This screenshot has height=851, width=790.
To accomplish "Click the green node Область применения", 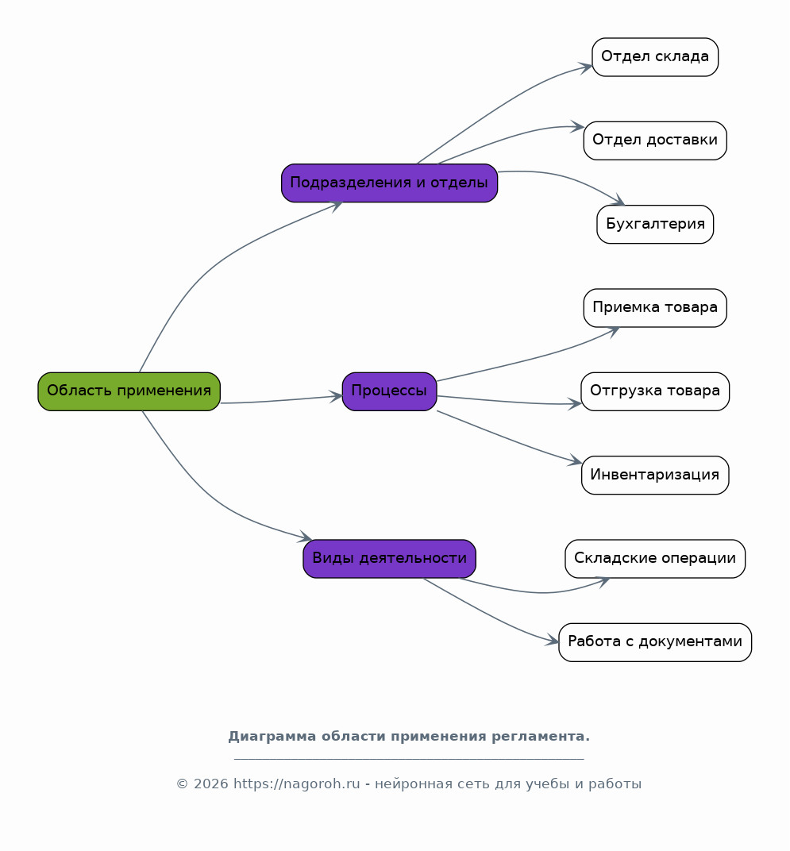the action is pos(129,391).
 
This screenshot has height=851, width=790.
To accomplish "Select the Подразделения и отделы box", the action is pos(389,183).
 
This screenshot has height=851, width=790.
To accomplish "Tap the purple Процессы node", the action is pos(389,391).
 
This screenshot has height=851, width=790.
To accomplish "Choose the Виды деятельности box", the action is pos(389,559).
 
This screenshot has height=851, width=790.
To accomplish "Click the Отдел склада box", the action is pos(655,57).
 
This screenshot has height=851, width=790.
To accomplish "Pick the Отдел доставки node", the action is pos(655,141).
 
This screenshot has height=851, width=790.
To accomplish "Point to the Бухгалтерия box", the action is pos(655,224).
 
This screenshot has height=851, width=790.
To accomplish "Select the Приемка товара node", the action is pos(655,308).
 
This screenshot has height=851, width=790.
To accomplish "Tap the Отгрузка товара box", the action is pos(655,391).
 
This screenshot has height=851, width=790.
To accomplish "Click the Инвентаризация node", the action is pos(655,475).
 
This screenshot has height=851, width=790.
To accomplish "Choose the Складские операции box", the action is pos(655,559).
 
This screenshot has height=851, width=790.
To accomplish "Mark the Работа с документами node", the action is pos(655,642).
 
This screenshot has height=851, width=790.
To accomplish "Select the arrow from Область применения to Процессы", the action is pos(281,401).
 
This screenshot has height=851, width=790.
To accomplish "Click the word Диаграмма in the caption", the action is pos(272,737).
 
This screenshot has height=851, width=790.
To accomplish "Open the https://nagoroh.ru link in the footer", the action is pos(296,784).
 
